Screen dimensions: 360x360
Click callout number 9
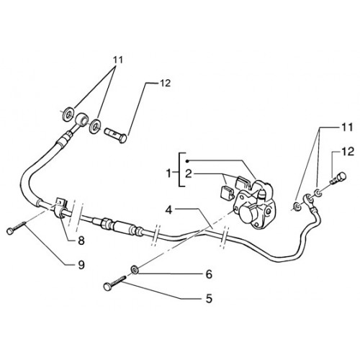click(x=81, y=265)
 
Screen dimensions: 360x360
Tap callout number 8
click(x=81, y=240)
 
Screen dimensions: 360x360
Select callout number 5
click(x=210, y=299)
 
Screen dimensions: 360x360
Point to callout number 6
click(x=210, y=274)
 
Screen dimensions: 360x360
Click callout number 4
click(x=169, y=210)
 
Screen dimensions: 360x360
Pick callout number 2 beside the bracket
click(x=189, y=174)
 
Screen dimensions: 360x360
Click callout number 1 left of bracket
click(x=169, y=174)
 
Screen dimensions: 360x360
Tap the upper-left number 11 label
click(x=117, y=60)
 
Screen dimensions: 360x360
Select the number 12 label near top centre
click(x=165, y=83)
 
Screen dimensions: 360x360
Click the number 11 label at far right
click(x=348, y=127)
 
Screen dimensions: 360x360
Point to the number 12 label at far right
click(x=348, y=152)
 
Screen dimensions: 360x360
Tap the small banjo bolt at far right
click(x=338, y=179)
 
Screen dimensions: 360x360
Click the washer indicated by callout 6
click(x=135, y=269)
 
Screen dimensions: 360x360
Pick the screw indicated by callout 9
click(x=16, y=228)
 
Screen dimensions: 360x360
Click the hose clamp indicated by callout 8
click(x=61, y=207)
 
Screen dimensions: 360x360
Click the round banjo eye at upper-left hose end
click(x=82, y=119)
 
